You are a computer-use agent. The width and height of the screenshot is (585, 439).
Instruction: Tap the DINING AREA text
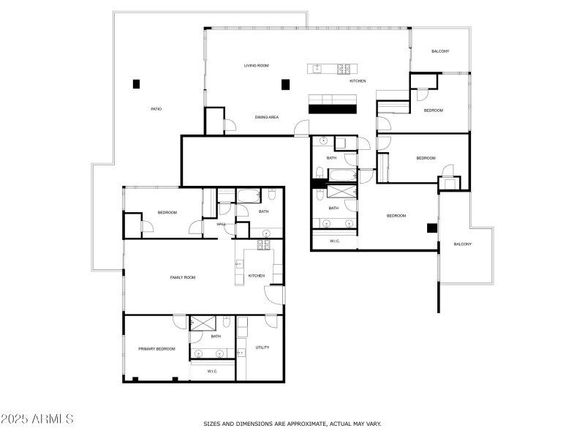tap(267, 117)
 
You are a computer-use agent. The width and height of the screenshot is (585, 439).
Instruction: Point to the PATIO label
tap(156, 109)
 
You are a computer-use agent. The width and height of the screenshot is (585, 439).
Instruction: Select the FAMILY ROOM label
tap(183, 277)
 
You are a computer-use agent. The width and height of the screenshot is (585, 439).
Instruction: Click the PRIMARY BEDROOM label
tap(157, 349)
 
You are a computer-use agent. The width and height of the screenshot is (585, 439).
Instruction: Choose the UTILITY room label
tap(262, 347)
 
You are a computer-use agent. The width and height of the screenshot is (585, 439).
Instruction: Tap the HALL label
tap(220, 224)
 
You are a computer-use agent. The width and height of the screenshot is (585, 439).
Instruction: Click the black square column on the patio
tap(136, 83)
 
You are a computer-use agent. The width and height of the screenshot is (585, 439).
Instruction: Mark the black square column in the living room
tap(285, 83)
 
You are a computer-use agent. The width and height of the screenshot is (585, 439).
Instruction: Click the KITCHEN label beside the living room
tap(358, 81)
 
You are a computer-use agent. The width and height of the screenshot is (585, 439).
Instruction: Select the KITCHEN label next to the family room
tap(257, 276)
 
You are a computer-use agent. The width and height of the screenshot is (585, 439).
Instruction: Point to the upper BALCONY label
tap(440, 51)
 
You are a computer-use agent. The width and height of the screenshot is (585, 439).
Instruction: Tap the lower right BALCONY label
tap(463, 244)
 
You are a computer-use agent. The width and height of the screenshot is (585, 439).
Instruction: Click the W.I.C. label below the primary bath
tap(212, 371)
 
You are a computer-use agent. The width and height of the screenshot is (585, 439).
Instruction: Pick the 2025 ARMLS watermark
tap(37, 419)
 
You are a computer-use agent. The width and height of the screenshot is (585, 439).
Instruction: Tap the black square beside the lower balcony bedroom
tap(432, 228)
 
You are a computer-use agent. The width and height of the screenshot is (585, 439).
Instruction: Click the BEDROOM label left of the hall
tap(167, 213)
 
